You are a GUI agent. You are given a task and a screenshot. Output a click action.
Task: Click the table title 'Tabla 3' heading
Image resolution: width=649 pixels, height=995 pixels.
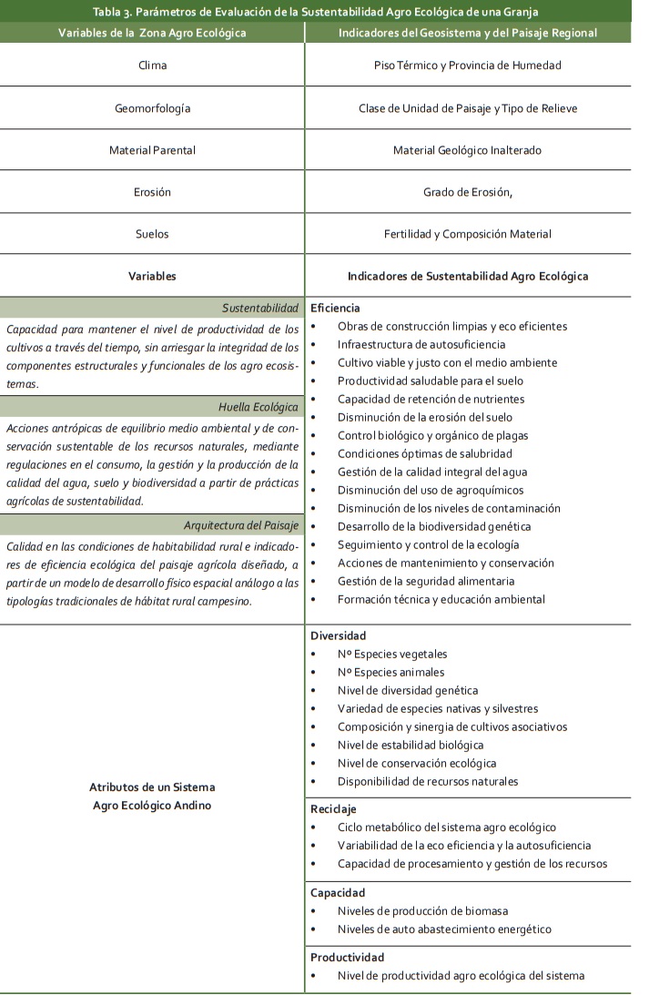[316, 11]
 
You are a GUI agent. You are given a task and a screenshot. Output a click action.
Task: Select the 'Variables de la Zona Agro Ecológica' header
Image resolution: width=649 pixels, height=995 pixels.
[152, 33]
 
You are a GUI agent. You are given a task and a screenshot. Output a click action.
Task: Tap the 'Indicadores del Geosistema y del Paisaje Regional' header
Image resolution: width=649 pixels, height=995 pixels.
[467, 33]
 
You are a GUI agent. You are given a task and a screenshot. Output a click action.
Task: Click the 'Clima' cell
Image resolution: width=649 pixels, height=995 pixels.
[152, 66]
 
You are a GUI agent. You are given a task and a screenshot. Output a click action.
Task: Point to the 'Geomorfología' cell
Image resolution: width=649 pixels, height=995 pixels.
[152, 108]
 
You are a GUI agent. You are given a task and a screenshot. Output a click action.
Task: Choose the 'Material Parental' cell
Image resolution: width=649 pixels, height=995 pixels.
[152, 150]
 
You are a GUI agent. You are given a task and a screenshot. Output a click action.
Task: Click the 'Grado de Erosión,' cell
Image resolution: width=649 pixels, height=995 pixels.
[468, 192]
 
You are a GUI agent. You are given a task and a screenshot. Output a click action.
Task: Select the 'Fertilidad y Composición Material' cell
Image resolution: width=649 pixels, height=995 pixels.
[468, 234]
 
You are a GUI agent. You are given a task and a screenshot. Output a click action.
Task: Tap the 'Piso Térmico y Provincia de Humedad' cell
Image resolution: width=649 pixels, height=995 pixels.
[468, 66]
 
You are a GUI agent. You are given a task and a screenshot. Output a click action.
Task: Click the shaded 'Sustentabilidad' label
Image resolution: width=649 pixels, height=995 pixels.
[260, 308]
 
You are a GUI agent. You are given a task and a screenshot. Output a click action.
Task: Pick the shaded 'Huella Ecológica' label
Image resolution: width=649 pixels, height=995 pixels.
[259, 406]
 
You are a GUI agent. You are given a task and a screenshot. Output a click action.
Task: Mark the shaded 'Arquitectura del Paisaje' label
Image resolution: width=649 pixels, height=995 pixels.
[241, 525]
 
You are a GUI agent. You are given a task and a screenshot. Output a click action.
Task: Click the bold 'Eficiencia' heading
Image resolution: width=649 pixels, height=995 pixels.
[335, 308]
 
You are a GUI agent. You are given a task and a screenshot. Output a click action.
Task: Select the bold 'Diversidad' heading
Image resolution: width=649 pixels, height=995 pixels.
[338, 635]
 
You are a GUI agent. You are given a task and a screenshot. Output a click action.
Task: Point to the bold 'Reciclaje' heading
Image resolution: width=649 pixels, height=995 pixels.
[333, 808]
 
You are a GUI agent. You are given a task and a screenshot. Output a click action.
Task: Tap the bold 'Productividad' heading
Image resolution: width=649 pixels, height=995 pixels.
[347, 957]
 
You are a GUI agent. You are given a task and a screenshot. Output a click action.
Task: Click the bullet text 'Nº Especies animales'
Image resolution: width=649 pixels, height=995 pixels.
[390, 672]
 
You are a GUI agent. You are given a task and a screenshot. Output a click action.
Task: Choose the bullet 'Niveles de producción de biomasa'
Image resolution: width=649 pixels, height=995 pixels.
[422, 910]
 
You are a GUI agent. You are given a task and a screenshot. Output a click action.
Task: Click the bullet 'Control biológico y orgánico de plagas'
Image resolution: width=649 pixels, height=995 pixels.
[432, 435]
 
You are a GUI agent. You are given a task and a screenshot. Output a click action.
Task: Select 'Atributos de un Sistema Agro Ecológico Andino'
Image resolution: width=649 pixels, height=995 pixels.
[152, 796]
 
